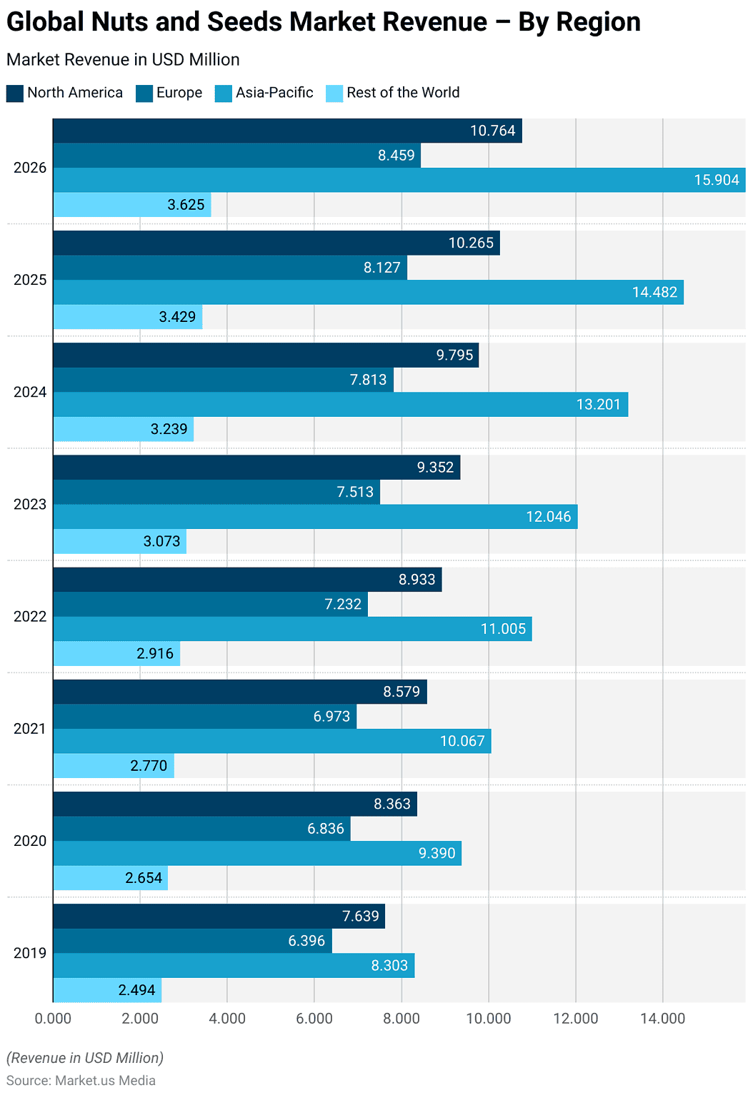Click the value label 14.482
click(x=654, y=292)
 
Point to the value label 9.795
click(x=454, y=355)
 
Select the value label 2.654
click(x=144, y=878)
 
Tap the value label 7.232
click(x=343, y=604)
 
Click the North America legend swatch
click(x=15, y=94)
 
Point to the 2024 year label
click(x=30, y=392)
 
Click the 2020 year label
click(x=30, y=841)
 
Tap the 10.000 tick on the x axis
click(x=489, y=1019)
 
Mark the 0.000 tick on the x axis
click(x=53, y=1019)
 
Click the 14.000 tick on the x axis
click(x=662, y=1019)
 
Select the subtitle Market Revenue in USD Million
click(x=123, y=60)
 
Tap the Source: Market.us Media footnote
click(x=81, y=1080)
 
